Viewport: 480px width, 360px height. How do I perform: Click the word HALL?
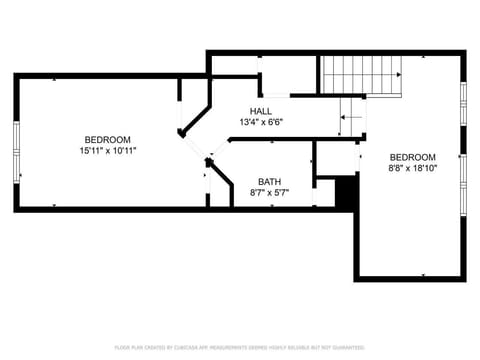point(260,111)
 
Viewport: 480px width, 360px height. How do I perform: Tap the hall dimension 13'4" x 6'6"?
point(260,122)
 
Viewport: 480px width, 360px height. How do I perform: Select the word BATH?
point(269,181)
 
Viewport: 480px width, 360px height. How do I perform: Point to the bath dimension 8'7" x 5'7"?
point(269,192)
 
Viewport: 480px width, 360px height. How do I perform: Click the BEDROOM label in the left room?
point(108,139)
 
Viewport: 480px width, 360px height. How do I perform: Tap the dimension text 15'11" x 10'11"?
point(108,150)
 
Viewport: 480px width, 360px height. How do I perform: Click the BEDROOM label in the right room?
point(412,157)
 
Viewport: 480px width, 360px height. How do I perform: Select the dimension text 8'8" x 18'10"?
point(412,168)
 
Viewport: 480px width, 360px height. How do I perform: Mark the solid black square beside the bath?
point(345,192)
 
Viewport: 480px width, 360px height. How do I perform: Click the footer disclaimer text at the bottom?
point(239,347)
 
